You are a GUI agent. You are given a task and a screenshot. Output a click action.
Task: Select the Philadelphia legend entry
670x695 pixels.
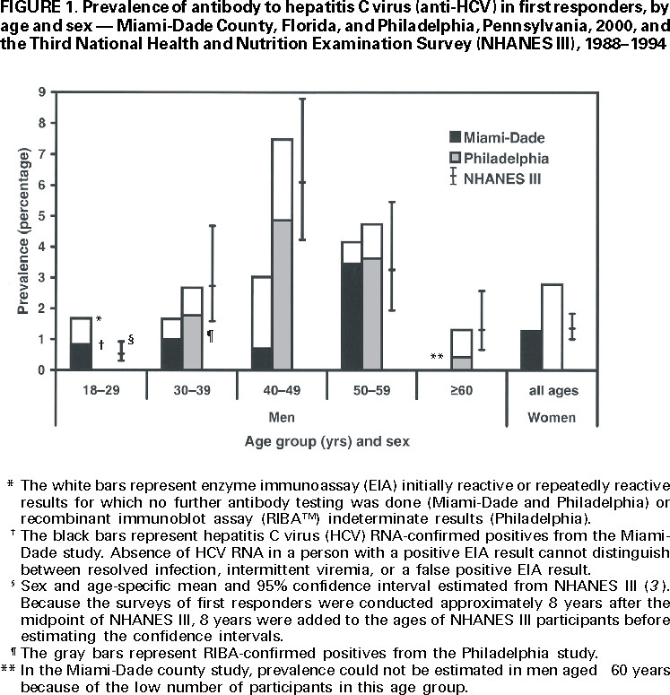[x=515, y=158]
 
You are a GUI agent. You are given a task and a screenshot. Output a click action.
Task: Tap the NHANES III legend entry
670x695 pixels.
[x=512, y=178]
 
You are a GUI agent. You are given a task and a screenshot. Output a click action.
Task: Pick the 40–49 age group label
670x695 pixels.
[x=281, y=391]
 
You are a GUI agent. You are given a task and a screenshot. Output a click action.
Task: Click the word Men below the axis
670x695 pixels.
[x=282, y=417]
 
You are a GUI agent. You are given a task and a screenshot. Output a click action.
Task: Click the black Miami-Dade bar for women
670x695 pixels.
[x=531, y=350]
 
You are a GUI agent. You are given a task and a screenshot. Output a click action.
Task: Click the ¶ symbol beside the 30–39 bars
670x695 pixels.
[x=210, y=335]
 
